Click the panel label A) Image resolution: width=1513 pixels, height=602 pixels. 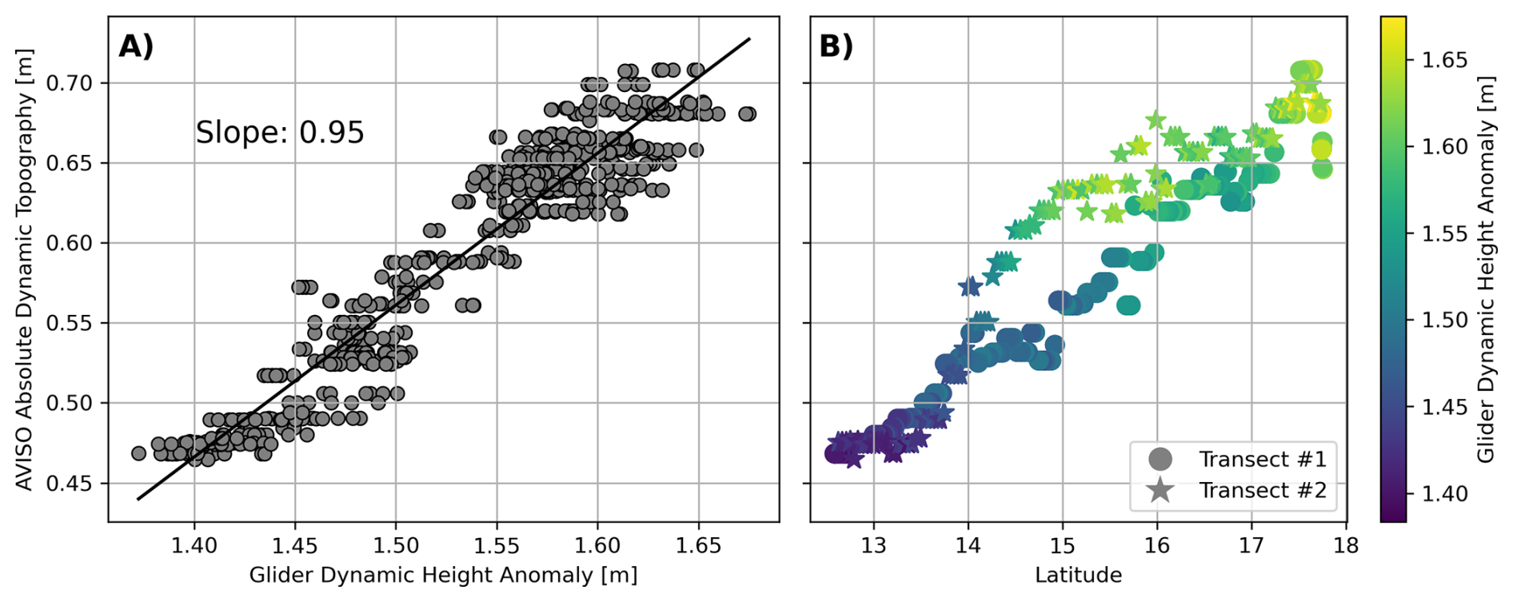[x=135, y=46]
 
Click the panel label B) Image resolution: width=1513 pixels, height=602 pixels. [x=836, y=46]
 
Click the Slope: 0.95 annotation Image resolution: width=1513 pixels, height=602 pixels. [x=280, y=133]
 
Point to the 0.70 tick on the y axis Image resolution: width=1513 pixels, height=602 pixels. [x=70, y=83]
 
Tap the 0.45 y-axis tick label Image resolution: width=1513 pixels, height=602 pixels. [x=70, y=484]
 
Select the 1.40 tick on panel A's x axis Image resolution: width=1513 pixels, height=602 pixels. [x=194, y=546]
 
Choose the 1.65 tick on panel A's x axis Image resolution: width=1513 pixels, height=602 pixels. [x=699, y=546]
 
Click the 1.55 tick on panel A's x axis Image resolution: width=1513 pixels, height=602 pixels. [x=497, y=546]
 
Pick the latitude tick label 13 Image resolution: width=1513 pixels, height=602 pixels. [x=873, y=546]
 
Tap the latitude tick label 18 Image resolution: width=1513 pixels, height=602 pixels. [x=1346, y=546]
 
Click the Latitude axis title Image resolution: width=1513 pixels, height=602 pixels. [x=1078, y=576]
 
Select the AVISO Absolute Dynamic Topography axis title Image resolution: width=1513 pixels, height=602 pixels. [x=25, y=270]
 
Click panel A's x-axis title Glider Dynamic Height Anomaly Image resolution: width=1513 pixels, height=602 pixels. [x=443, y=576]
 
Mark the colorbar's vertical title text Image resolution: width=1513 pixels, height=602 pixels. [x=1486, y=270]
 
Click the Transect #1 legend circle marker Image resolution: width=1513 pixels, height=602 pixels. [x=1160, y=459]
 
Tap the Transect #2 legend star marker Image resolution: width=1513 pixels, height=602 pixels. [x=1160, y=490]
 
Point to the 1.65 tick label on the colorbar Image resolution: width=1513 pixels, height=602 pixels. [x=1444, y=60]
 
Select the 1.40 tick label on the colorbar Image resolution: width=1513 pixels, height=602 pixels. [x=1444, y=494]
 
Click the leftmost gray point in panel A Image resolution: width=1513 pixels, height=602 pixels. [x=138, y=453]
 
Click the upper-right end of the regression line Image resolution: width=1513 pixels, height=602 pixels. [x=749, y=38]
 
